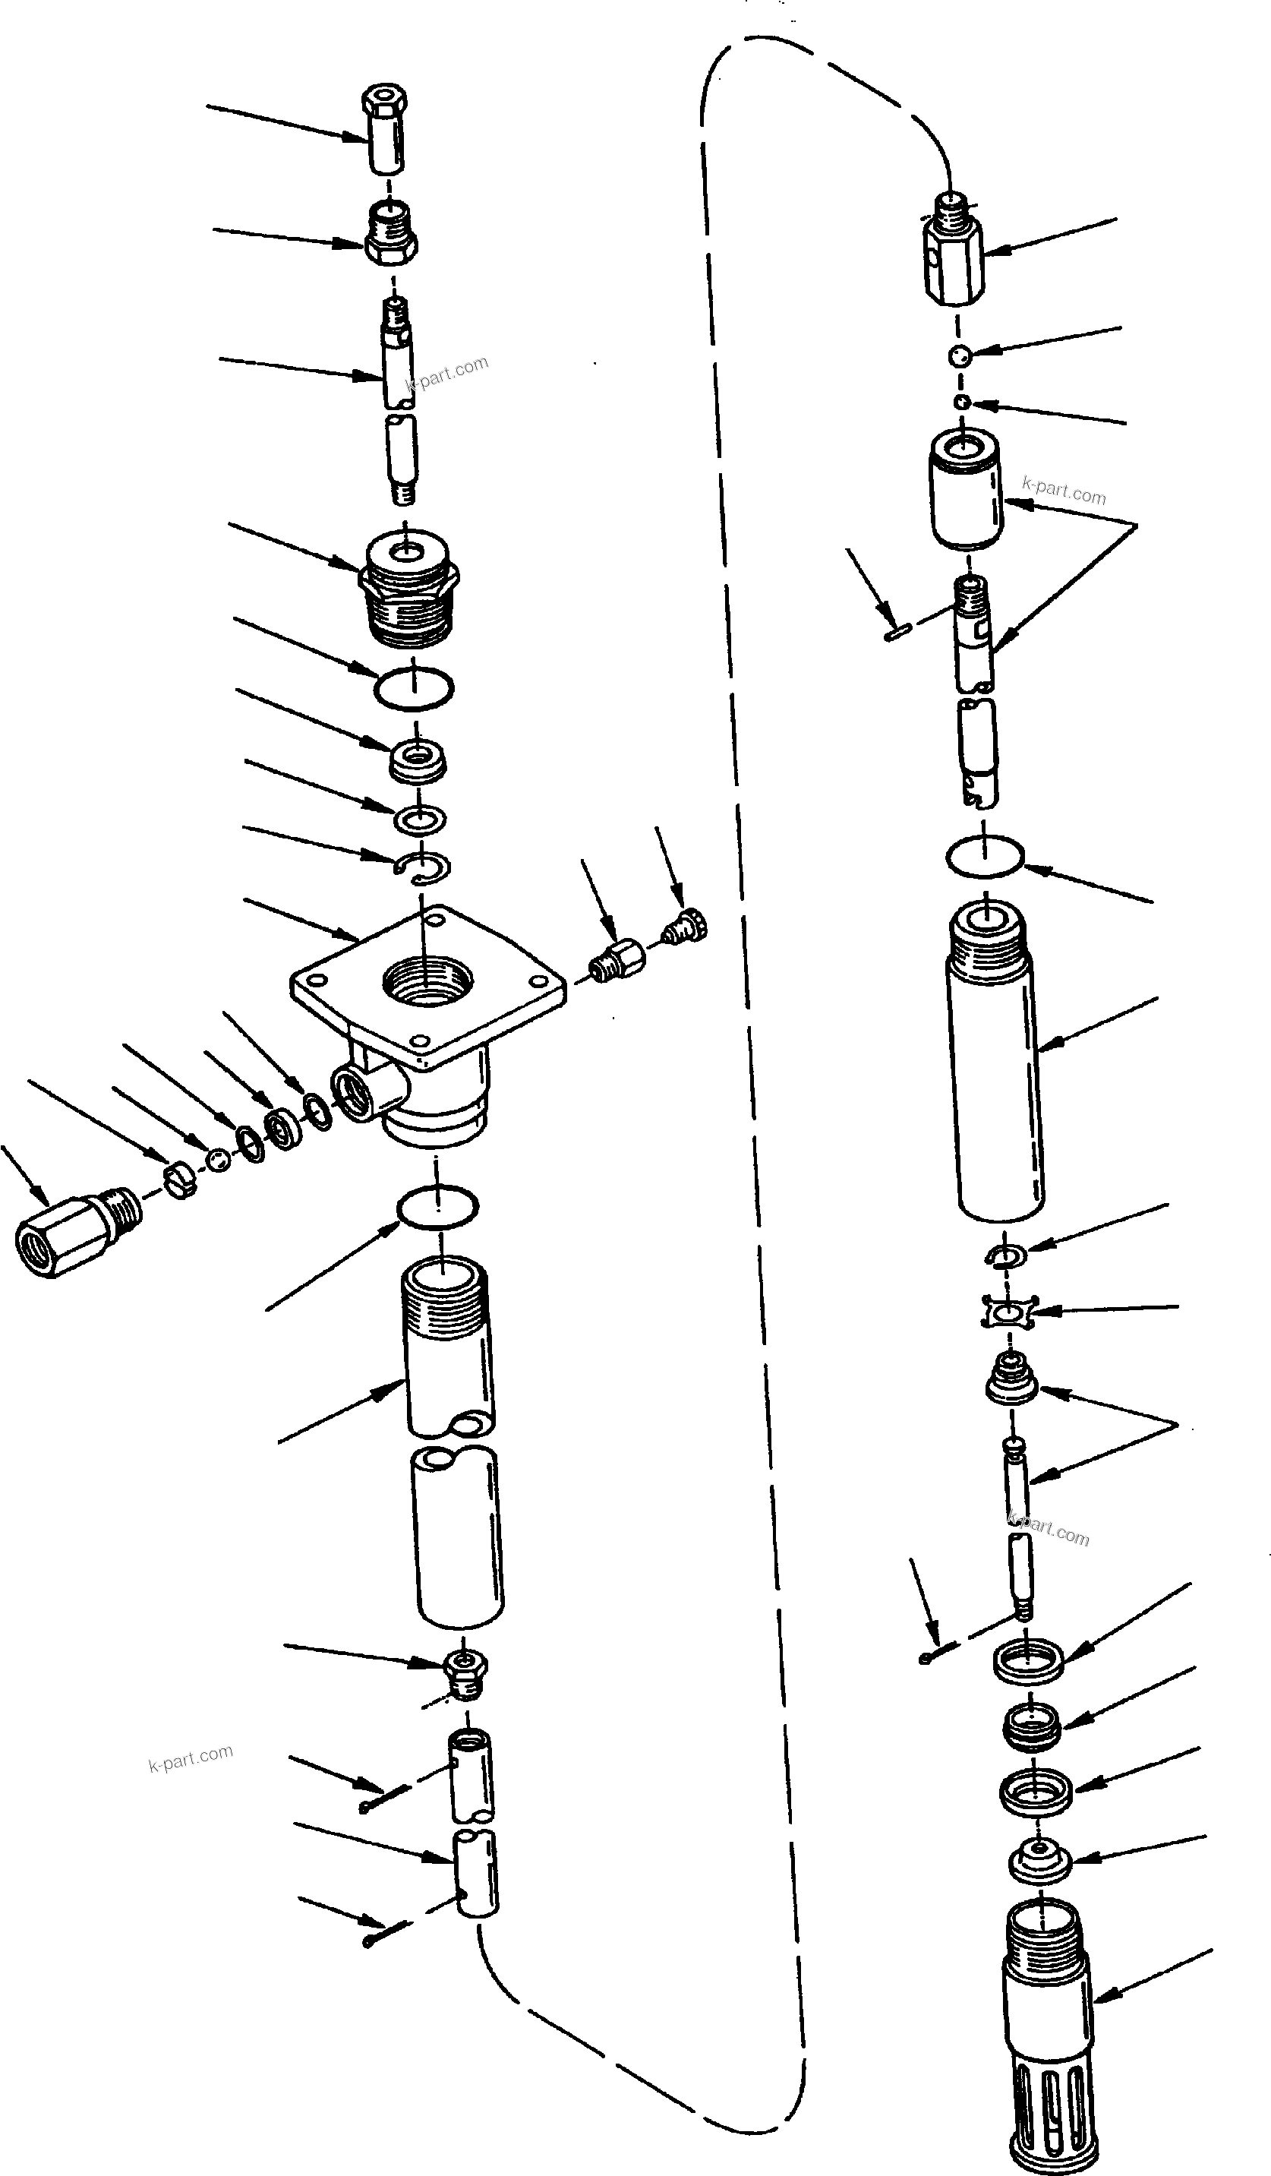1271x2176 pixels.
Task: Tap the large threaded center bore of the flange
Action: point(428,982)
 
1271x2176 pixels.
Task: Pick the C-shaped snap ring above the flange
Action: point(426,869)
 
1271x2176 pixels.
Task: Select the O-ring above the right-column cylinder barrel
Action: point(984,857)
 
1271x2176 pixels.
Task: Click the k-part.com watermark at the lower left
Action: point(190,1756)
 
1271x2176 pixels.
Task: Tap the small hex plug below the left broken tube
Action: point(465,1672)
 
